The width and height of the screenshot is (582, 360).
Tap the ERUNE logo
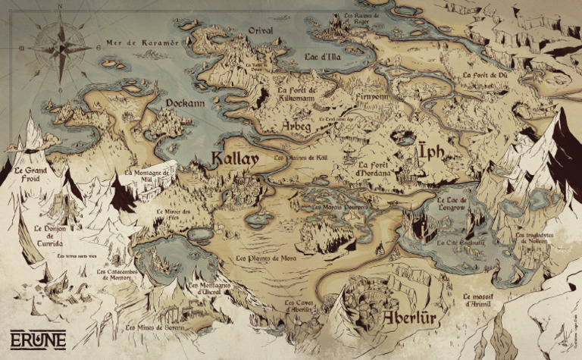click(38, 339)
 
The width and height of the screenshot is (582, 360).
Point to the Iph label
click(430, 155)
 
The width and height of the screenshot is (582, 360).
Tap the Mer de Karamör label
click(143, 43)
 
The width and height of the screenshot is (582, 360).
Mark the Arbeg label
click(296, 126)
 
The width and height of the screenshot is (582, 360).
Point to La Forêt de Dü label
click(484, 76)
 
